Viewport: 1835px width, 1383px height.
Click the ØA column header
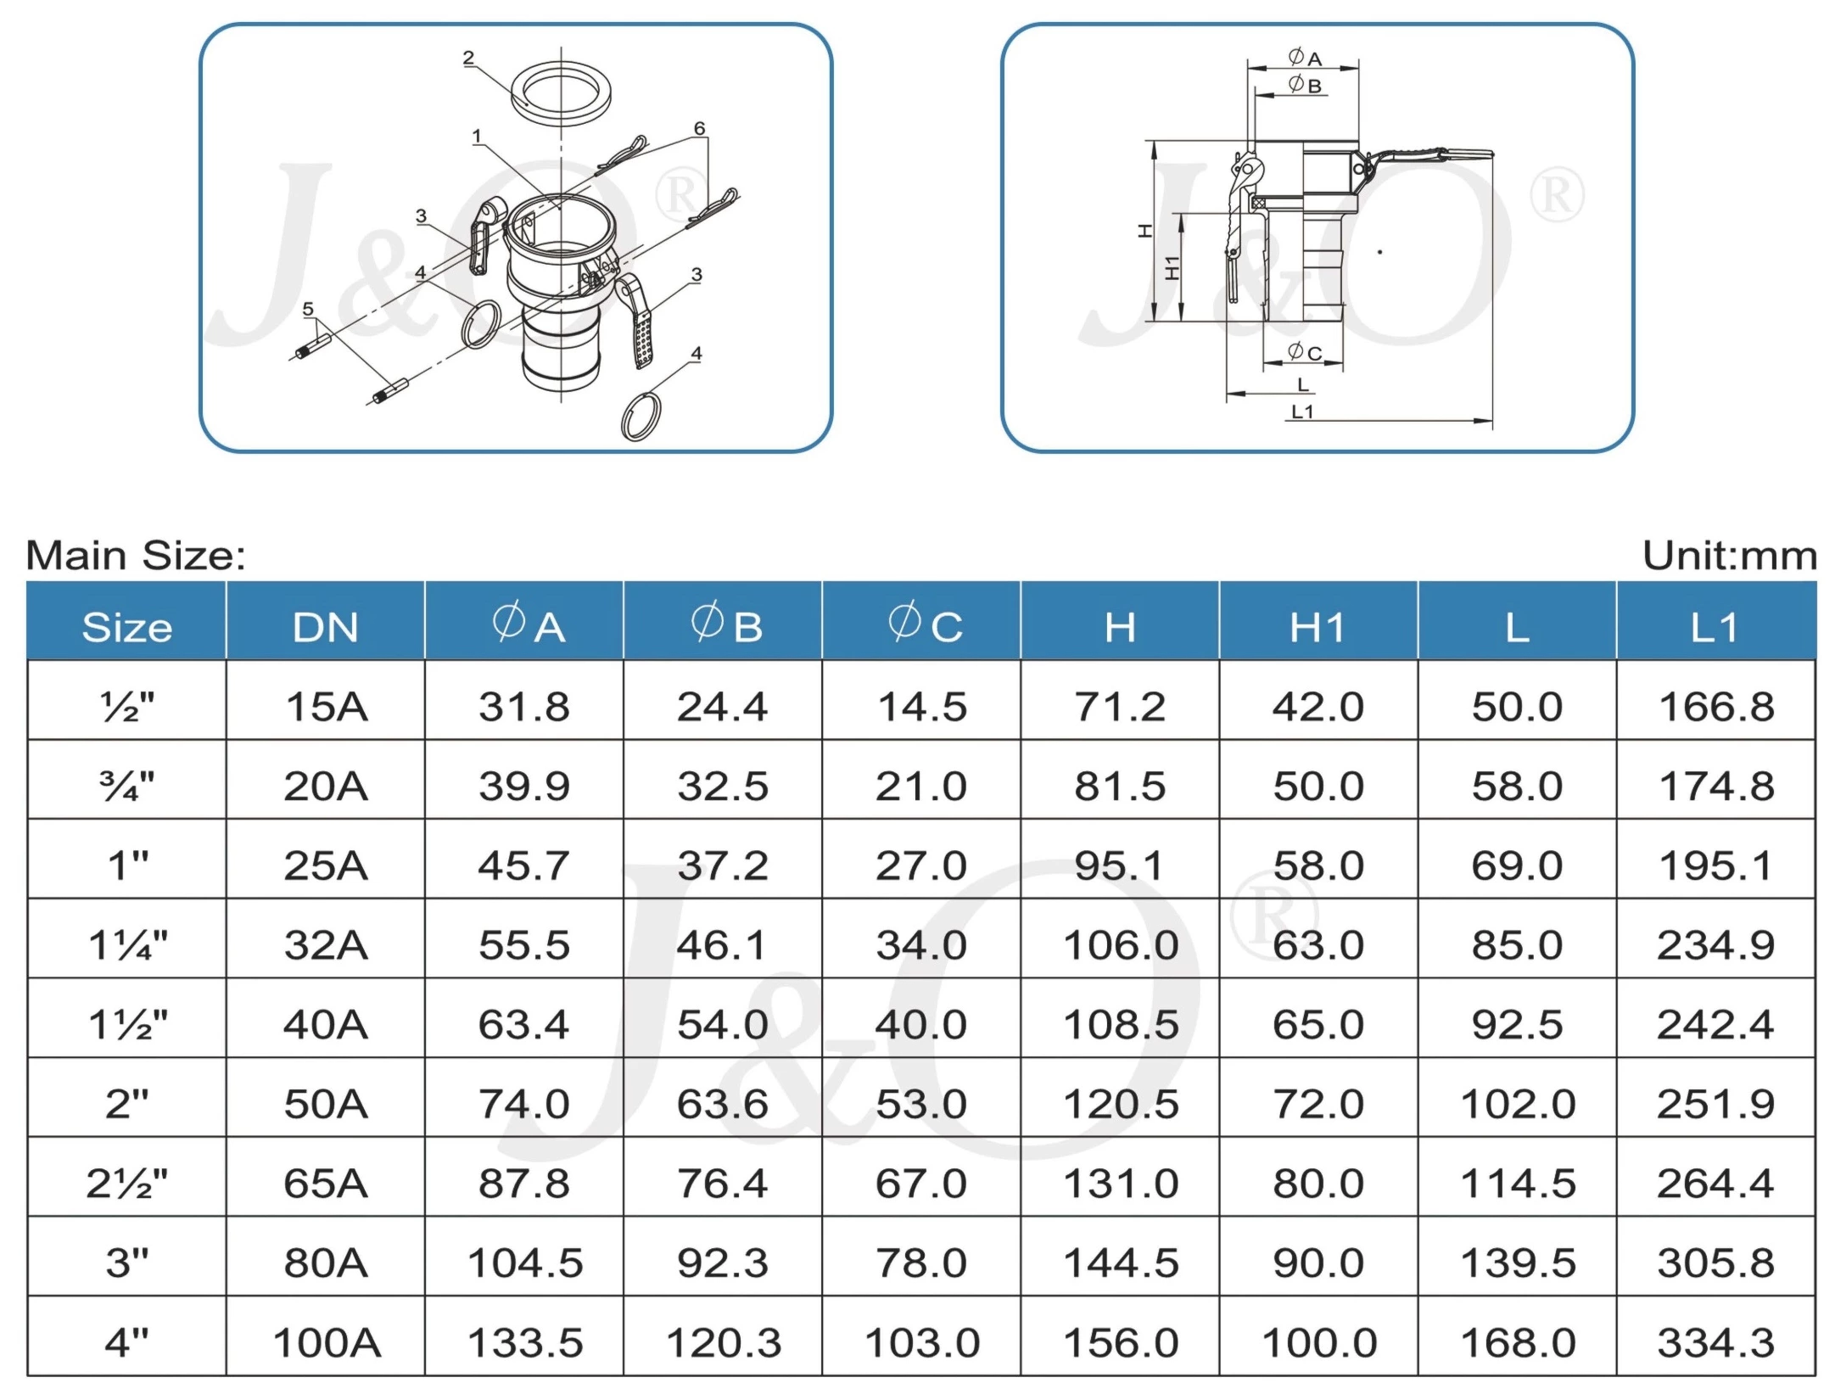tap(524, 626)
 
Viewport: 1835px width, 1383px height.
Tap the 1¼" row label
tap(127, 944)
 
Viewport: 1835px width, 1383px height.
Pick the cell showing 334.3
tap(1715, 1342)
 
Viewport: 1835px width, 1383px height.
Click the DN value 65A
tap(325, 1183)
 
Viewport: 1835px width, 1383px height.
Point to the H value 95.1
tap(1119, 865)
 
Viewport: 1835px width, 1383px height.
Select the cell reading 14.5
tap(921, 707)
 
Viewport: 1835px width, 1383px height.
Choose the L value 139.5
tap(1517, 1263)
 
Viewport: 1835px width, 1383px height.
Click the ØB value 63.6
tap(722, 1104)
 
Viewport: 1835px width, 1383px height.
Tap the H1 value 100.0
tap(1318, 1342)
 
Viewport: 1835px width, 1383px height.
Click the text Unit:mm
tap(1728, 556)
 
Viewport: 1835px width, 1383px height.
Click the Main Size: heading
tap(136, 556)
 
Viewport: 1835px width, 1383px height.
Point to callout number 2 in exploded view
tap(468, 58)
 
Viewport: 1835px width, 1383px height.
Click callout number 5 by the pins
tap(308, 309)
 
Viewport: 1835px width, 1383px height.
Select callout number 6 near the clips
tap(699, 128)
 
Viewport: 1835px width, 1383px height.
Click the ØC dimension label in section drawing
tap(1304, 351)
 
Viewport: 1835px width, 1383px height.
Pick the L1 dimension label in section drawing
tap(1302, 412)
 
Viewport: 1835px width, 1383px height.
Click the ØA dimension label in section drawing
tap(1304, 58)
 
